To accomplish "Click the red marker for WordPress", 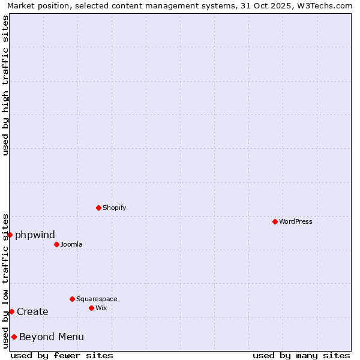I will click(x=275, y=221).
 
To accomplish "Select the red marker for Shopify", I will click(x=98, y=208).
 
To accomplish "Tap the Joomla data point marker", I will click(x=56, y=244).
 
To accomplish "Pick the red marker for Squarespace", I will click(x=72, y=299).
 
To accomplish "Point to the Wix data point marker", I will click(x=91, y=308).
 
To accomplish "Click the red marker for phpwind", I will click(x=10, y=235).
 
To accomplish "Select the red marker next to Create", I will click(x=11, y=311).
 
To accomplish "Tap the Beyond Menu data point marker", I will click(x=14, y=337).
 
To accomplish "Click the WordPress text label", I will click(x=296, y=221).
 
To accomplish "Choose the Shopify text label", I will click(x=114, y=208).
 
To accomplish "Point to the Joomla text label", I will click(x=71, y=244).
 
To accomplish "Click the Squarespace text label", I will click(x=97, y=299).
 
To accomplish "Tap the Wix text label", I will click(x=101, y=308).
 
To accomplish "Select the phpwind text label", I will click(x=35, y=235).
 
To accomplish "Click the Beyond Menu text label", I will click(x=52, y=337).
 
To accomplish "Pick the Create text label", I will click(x=32, y=311).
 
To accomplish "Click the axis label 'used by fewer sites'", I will click(x=62, y=355).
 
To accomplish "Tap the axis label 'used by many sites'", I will click(x=301, y=355).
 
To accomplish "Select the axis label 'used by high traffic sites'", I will click(x=6, y=85).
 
